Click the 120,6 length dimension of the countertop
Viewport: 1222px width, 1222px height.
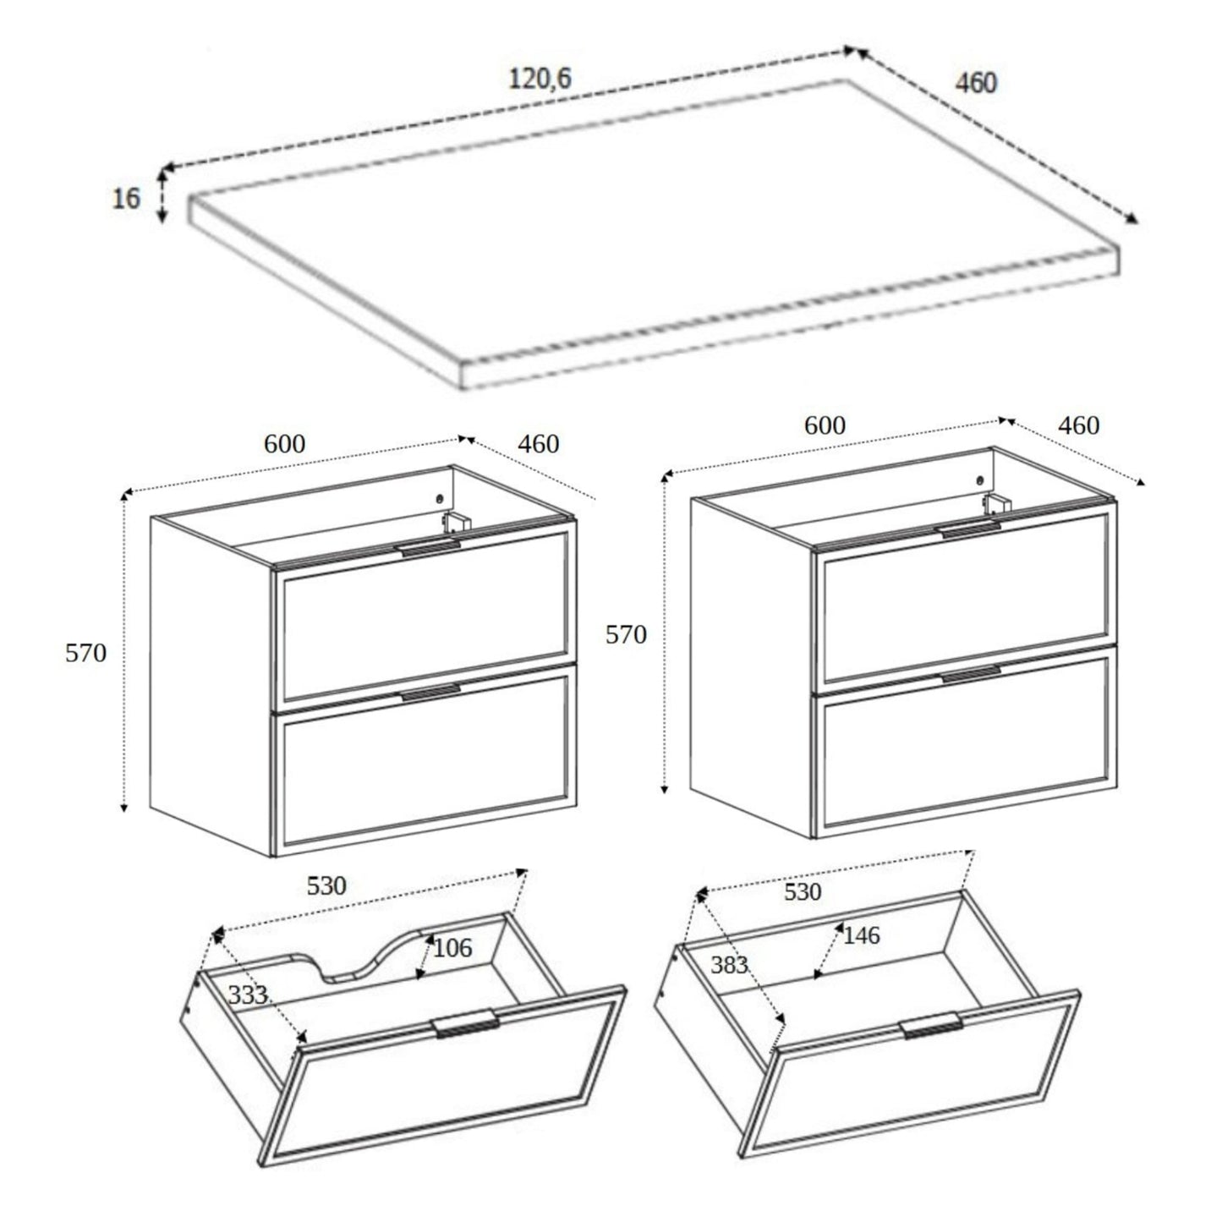pos(540,79)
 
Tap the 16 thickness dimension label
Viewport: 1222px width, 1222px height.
pos(126,199)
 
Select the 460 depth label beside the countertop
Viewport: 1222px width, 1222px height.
pos(975,83)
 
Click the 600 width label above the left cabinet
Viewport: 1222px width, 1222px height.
pos(284,443)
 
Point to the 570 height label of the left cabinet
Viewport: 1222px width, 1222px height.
pos(85,653)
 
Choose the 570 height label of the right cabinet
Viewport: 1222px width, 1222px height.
pos(626,634)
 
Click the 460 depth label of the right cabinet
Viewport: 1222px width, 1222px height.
pos(1078,425)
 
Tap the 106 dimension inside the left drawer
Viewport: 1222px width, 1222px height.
pos(452,948)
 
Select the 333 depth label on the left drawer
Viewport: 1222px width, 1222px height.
pos(248,995)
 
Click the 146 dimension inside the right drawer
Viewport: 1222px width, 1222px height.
pos(861,935)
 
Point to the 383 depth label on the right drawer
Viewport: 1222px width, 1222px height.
pos(729,964)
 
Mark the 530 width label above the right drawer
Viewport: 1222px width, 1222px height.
pos(802,891)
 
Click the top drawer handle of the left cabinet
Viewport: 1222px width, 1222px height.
pos(430,548)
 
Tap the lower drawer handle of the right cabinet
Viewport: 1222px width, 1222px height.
pos(970,674)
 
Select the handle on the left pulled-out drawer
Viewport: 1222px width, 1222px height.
pos(466,1024)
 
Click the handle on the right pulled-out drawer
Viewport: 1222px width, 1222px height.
pos(931,1025)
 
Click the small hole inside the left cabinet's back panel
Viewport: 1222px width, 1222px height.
pos(440,498)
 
